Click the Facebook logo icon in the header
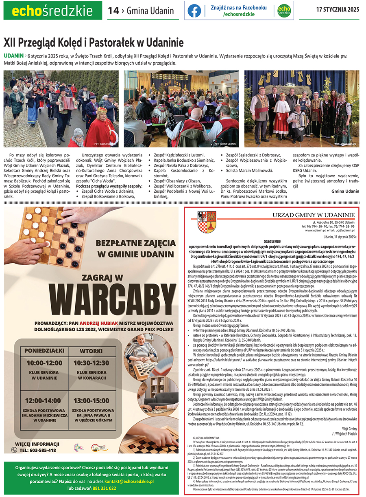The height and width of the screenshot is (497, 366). pos(194,11)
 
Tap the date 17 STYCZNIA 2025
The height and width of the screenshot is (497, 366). pos(338,10)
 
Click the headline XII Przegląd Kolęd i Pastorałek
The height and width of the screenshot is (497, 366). pos(94,42)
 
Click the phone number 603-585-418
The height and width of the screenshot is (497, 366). pos(38,450)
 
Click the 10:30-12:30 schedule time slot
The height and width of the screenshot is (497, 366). pos(91,363)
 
